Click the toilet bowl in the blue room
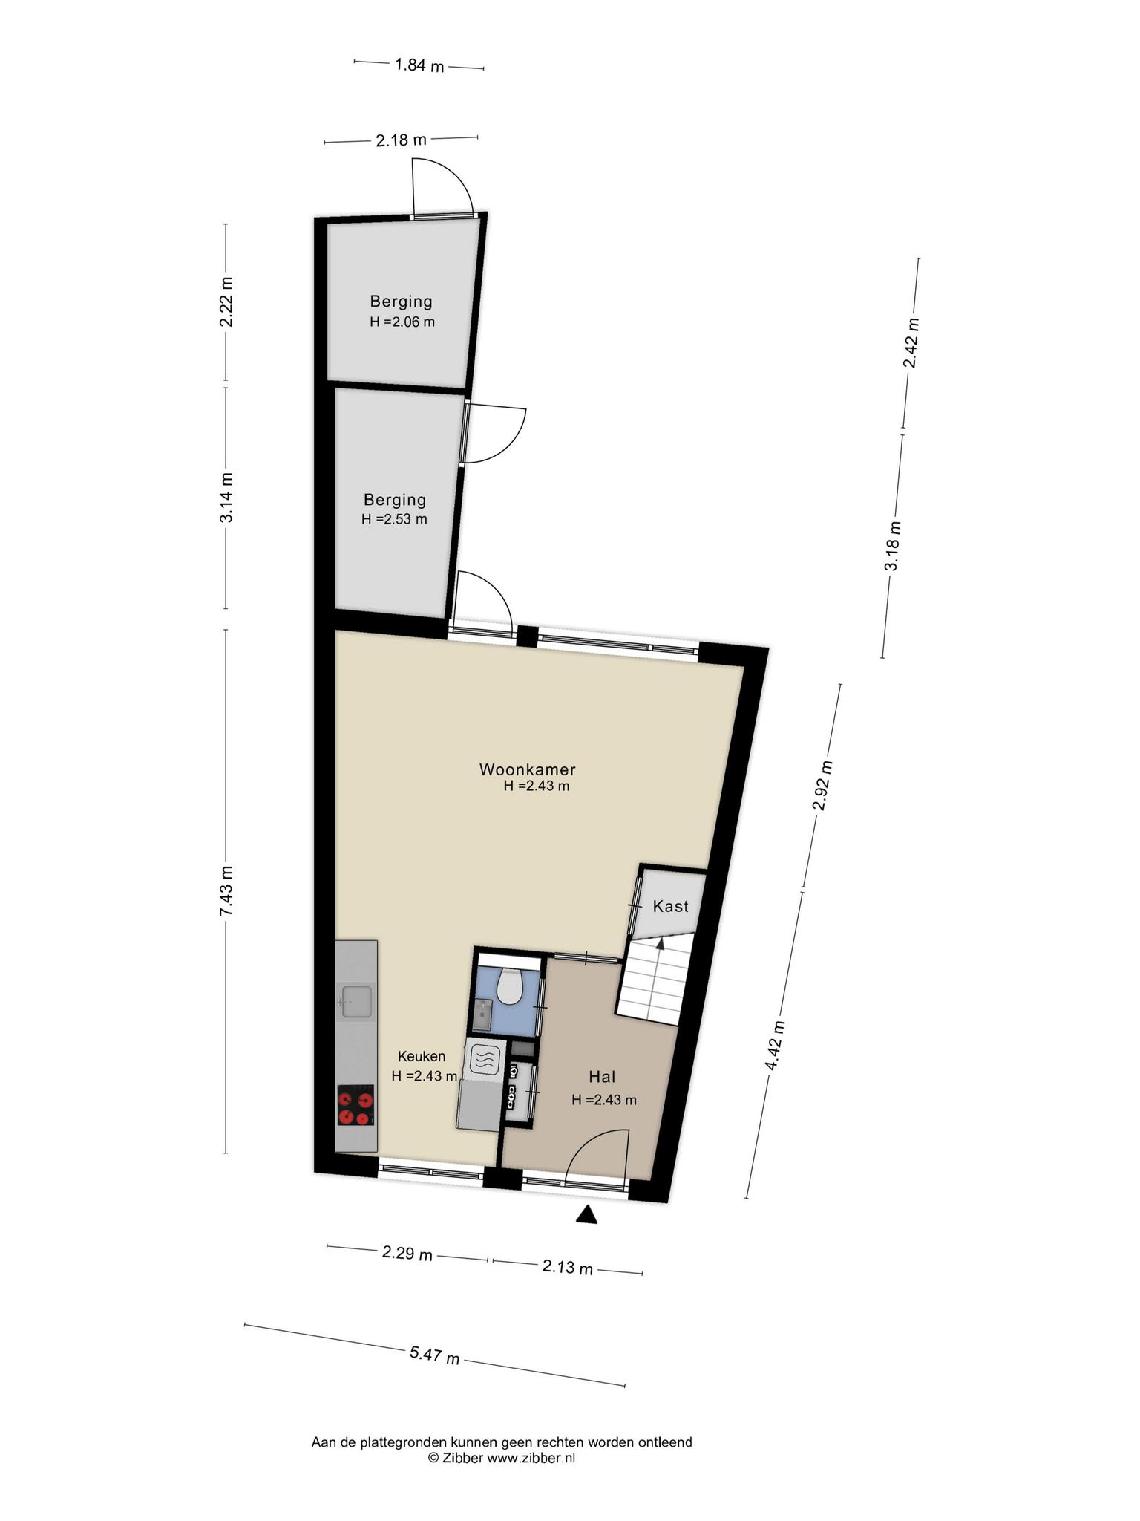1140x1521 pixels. point(510,986)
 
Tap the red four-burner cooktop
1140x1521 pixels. point(355,1106)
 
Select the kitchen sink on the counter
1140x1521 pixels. point(356,1001)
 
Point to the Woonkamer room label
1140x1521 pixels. point(528,769)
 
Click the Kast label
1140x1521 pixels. point(670,906)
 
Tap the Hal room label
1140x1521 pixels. point(603,1076)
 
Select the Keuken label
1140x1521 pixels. point(422,1056)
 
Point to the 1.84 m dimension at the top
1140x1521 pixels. point(419,65)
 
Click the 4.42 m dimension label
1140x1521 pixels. point(774,1045)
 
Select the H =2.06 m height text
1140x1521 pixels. point(402,322)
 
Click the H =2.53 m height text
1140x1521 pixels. point(394,519)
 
